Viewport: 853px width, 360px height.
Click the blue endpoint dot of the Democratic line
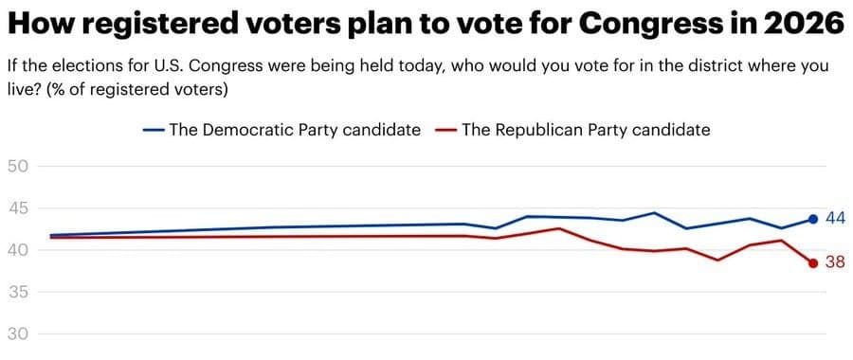coord(813,219)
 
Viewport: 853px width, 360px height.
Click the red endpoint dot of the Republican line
coord(813,263)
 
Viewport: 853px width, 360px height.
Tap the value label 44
coord(835,219)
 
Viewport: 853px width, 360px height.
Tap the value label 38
coord(835,263)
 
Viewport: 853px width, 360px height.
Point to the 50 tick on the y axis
coord(18,167)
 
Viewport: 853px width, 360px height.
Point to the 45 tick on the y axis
coord(18,208)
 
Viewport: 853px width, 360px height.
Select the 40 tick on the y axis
coord(18,250)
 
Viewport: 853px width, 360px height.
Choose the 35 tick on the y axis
coord(18,292)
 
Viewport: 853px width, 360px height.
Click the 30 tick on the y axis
coord(18,333)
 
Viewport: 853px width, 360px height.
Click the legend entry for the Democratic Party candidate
coord(294,131)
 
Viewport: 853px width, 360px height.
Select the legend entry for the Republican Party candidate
coord(586,131)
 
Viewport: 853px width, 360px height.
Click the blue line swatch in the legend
coord(154,131)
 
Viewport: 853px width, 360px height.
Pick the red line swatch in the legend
coord(445,131)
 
